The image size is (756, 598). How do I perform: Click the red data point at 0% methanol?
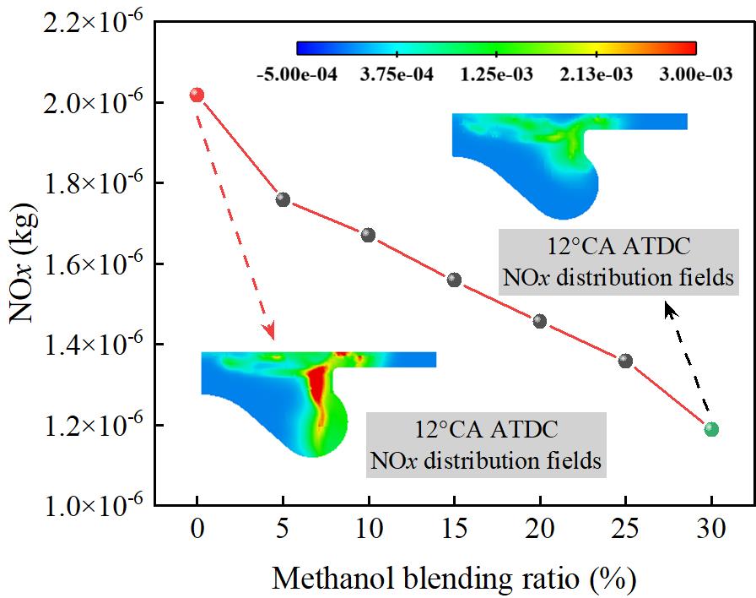point(197,95)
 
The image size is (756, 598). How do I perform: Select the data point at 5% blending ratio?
point(283,199)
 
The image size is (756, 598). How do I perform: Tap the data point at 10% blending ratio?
point(368,235)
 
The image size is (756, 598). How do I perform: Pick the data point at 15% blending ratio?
point(454,280)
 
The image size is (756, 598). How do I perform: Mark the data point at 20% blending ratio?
point(540,321)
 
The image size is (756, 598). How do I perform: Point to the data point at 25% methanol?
point(625,361)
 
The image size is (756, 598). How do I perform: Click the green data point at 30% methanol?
point(711,429)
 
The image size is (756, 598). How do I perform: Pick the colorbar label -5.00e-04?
point(296,74)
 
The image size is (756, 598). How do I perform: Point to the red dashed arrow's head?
point(271,334)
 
